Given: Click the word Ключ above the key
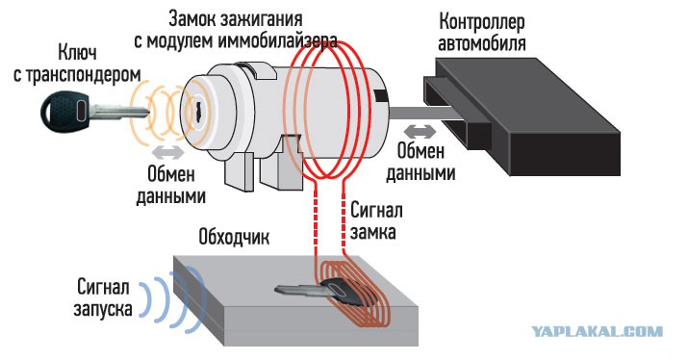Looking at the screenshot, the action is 78,52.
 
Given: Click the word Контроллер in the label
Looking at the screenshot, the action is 482,22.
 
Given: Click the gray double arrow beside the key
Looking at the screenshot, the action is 168,152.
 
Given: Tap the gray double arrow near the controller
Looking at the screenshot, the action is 420,131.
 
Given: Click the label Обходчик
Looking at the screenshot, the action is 234,237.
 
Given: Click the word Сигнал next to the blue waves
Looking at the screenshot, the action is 104,288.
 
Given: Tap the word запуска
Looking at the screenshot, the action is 103,309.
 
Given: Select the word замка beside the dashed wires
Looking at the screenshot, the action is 373,232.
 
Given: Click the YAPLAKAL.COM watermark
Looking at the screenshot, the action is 598,331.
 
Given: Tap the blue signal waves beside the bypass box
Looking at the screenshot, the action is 173,297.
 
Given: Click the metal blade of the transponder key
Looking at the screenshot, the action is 119,112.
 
